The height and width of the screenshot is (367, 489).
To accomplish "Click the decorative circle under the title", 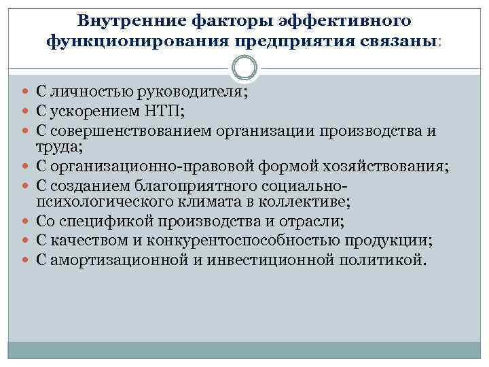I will point(244,68).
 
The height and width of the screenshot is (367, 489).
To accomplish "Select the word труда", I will point(44,145).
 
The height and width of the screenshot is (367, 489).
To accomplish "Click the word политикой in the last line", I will point(384,259).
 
